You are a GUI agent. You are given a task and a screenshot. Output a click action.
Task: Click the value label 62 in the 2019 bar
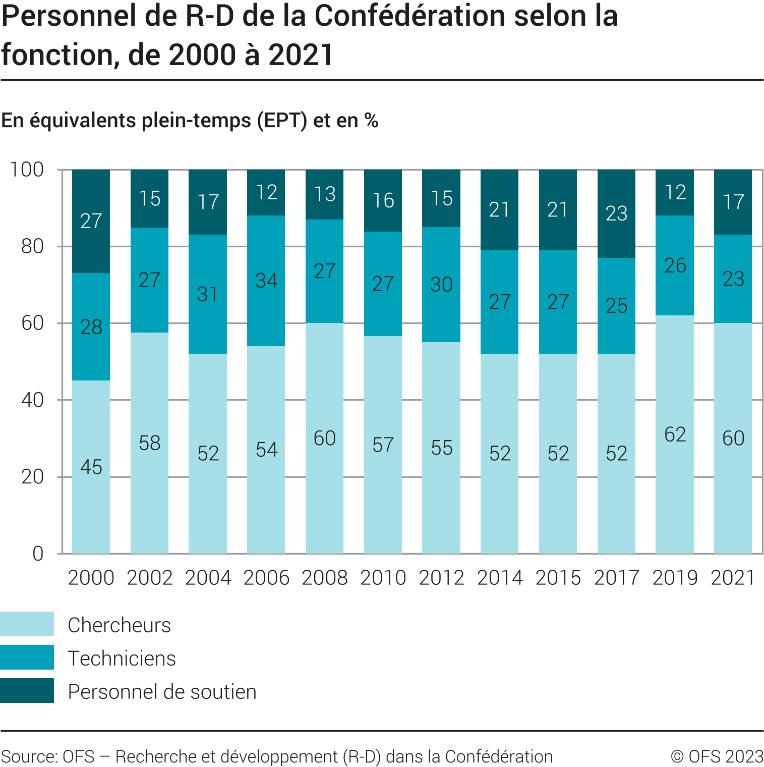coord(675,434)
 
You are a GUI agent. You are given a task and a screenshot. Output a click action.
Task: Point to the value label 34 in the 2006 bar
coord(266,281)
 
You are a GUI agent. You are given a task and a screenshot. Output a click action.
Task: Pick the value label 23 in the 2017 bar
coord(616,213)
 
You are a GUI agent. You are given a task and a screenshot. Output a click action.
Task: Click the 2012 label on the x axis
coord(441,578)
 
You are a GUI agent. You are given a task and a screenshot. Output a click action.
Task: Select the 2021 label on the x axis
coord(733,578)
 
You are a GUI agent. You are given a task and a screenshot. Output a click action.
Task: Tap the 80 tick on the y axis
coord(33,246)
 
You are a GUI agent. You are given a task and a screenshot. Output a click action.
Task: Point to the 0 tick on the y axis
coord(38,554)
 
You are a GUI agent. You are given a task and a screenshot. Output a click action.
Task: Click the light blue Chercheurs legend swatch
coord(27,624)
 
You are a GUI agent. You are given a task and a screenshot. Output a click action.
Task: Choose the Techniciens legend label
coord(122,659)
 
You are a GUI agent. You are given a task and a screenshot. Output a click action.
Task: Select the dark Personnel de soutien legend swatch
coord(27,691)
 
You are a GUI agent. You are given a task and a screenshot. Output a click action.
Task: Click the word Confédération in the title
coord(409,16)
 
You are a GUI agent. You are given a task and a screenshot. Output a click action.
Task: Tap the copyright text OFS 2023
coord(718,756)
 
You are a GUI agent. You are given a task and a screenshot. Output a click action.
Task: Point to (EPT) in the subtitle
coord(282,121)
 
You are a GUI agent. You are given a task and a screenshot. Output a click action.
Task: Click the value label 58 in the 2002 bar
coord(150,443)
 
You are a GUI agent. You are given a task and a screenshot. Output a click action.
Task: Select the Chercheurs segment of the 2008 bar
coord(325,484)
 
